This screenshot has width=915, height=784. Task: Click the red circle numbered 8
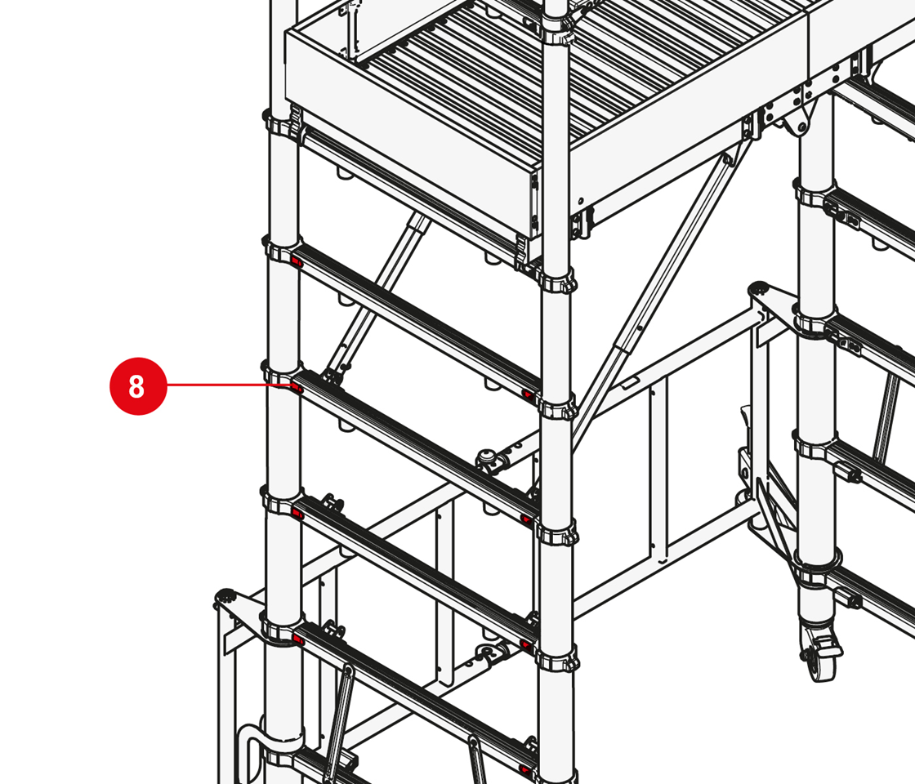coord(138,386)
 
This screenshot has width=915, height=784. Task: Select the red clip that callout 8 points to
coord(296,387)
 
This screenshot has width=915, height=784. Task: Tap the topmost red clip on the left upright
coord(296,261)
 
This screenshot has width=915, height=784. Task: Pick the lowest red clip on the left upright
coord(298,641)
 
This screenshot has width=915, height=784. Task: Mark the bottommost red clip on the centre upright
coord(526,770)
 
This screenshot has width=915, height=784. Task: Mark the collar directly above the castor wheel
coord(817,568)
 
